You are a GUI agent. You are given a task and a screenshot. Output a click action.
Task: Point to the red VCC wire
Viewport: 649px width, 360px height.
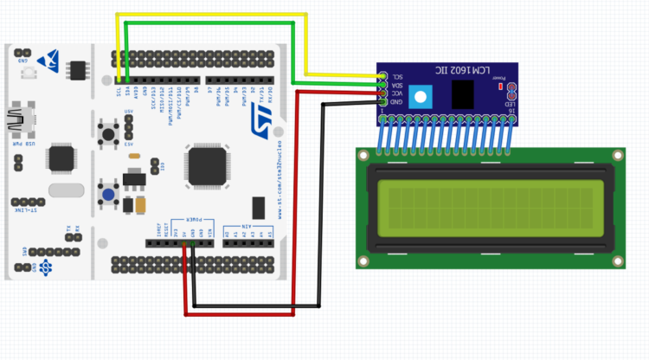click(298, 199)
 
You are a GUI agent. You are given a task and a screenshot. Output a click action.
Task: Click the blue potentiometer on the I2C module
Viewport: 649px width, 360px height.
click(421, 96)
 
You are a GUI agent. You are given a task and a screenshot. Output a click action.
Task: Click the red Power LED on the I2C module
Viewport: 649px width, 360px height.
click(499, 86)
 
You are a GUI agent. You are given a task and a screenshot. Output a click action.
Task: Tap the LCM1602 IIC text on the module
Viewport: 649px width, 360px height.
click(472, 69)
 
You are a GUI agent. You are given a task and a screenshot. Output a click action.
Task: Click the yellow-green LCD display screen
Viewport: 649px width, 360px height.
click(490, 208)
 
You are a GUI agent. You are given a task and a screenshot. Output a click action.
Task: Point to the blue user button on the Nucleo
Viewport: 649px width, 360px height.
click(109, 195)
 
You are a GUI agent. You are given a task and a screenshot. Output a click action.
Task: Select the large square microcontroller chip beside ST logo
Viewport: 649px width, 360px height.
click(208, 166)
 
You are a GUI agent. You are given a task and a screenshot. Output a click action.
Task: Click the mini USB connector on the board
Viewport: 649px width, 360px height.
click(18, 122)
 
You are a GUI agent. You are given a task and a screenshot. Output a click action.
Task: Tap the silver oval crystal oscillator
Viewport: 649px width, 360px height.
click(67, 190)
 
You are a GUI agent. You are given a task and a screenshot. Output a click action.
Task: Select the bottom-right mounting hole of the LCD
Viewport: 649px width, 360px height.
click(617, 260)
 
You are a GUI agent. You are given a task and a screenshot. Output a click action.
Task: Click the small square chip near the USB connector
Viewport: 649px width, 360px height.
click(61, 158)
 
